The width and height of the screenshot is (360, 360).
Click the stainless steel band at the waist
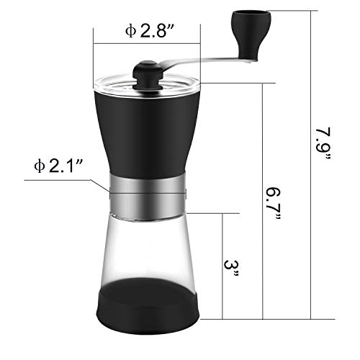pyautogui.click(x=147, y=192)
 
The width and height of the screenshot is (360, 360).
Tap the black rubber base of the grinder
pyautogui.click(x=147, y=302)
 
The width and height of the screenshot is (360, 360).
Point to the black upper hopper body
pyautogui.click(x=147, y=130)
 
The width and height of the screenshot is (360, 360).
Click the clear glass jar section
pyautogui.click(x=147, y=245)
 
